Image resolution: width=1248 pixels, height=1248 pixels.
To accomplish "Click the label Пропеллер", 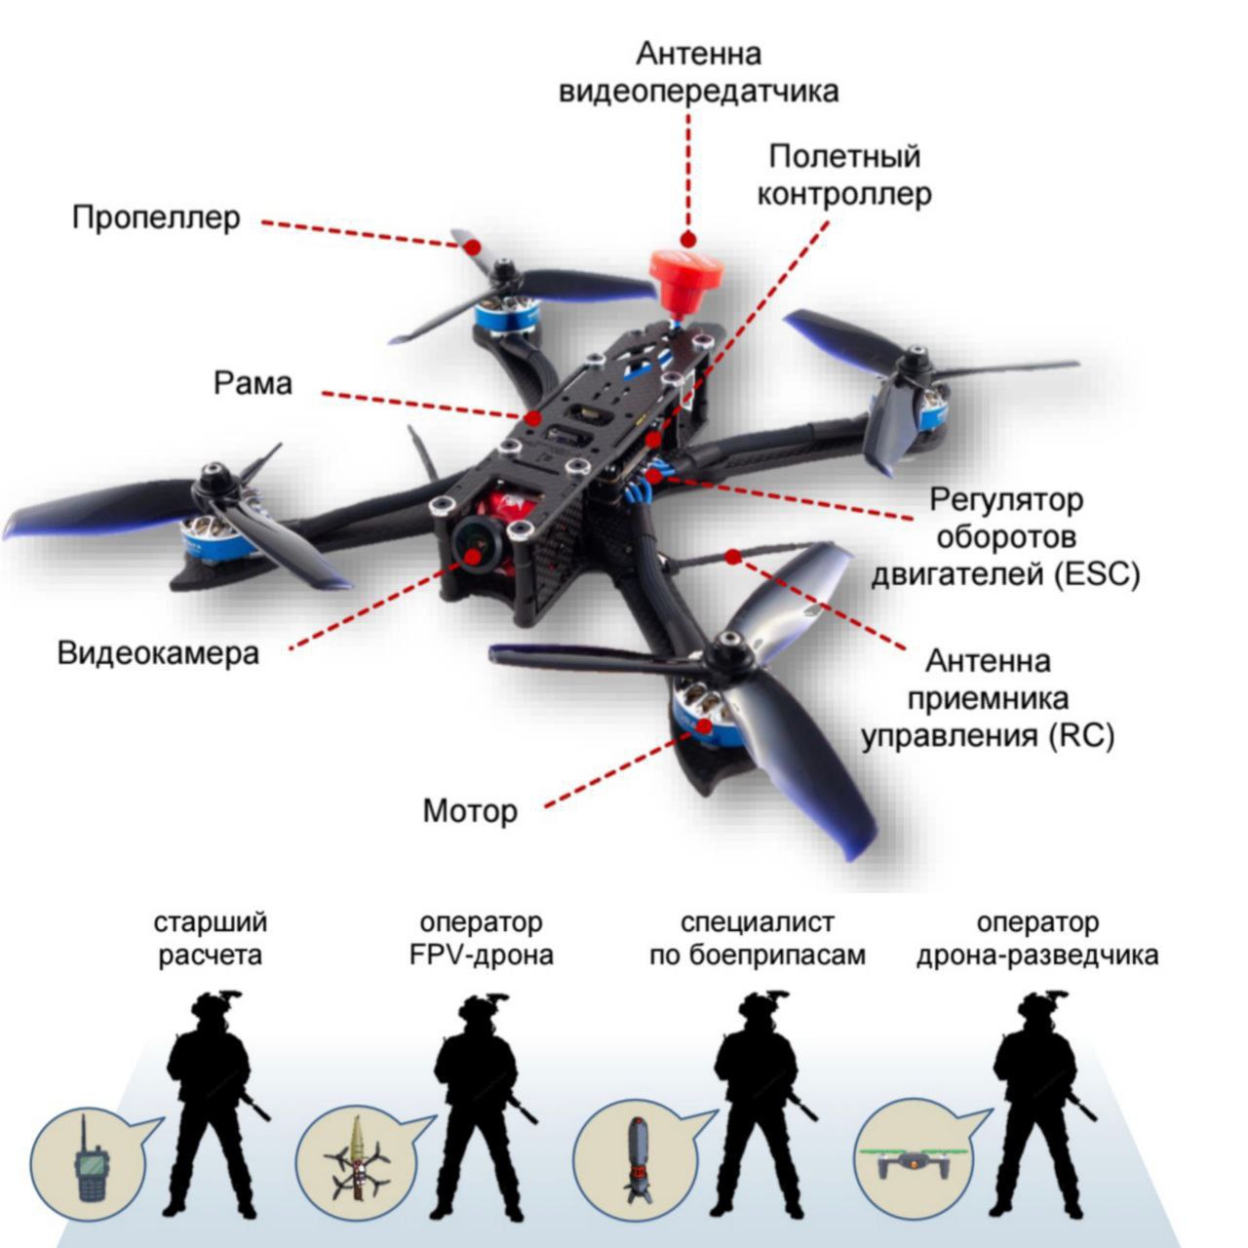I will point(156,216).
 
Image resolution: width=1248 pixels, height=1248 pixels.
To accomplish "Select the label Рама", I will point(253,383).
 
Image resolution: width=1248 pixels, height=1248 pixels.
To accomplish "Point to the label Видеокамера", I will point(159,651).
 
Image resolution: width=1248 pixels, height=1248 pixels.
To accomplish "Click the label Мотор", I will point(470,810).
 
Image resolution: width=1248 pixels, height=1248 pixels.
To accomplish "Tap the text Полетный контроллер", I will point(844,175).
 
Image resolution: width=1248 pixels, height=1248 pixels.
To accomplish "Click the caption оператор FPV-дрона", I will point(482,938).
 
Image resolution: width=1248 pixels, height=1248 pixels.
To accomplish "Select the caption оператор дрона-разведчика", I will point(1037,938).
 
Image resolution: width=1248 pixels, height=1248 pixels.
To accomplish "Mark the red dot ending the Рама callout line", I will point(532,417).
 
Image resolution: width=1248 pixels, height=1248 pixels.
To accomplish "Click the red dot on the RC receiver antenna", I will point(733,556).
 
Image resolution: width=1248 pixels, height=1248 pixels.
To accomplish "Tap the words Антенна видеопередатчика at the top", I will point(698,72).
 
